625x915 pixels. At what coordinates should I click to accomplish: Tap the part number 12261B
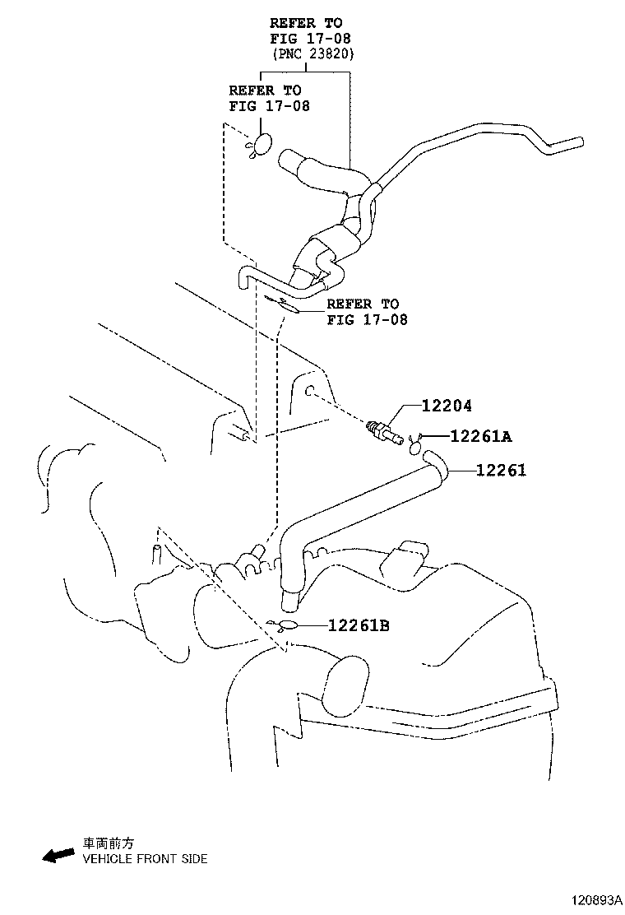[358, 626]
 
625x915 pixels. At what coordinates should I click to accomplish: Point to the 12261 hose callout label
[500, 470]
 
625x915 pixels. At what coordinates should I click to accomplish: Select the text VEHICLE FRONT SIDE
[144, 859]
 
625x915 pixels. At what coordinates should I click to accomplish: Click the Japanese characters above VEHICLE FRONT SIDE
[107, 843]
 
